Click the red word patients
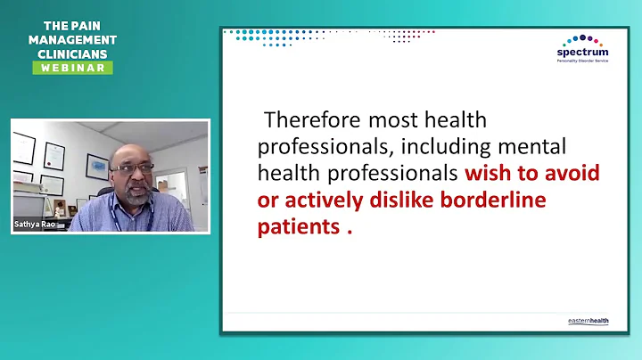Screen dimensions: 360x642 point(297,226)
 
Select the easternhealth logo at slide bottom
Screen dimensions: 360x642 point(588,321)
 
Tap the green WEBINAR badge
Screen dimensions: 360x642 point(73,68)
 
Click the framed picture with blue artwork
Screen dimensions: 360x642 point(97,166)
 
